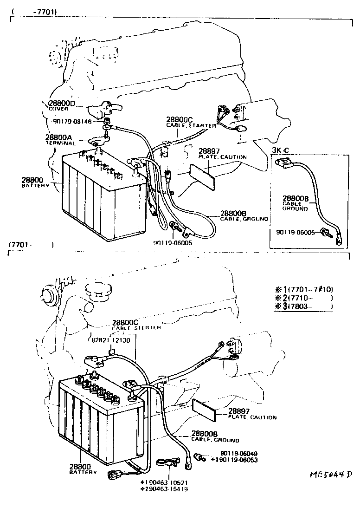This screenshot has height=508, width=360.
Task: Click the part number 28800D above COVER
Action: pos(62,104)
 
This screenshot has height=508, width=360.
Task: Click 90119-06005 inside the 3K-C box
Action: pos(295,232)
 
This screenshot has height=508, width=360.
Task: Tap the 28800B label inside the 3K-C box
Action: pos(296,198)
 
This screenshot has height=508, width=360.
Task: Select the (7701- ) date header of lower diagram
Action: pos(30,245)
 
